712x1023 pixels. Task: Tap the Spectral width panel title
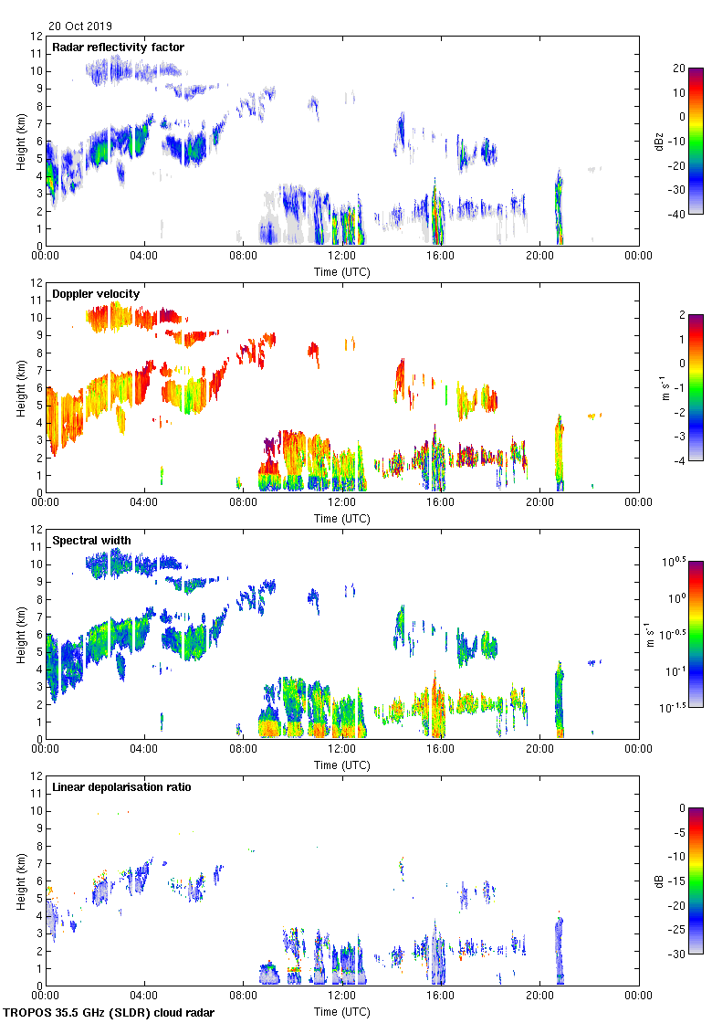click(x=90, y=541)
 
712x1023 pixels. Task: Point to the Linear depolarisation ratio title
click(x=121, y=787)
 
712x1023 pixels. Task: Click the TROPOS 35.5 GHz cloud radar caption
click(x=110, y=1013)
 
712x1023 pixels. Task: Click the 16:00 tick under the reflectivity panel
click(x=441, y=257)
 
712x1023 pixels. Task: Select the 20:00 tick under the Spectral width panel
click(x=539, y=750)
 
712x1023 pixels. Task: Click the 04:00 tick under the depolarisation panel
click(x=145, y=997)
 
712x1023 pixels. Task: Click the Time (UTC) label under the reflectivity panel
click(x=342, y=271)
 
